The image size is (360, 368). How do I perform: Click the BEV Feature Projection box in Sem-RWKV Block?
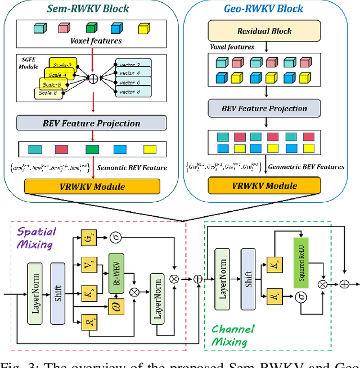tap(92, 124)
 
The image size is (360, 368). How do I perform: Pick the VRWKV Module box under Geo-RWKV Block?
tap(264, 186)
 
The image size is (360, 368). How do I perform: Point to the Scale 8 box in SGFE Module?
tap(48, 93)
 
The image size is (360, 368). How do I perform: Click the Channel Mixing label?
tap(232, 335)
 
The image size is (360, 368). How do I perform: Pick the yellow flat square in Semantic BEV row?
tap(150, 149)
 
